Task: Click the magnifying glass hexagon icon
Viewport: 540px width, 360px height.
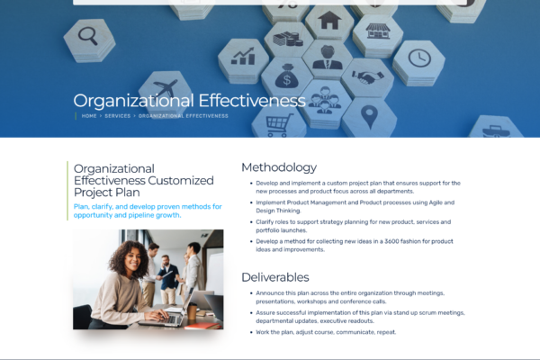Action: tap(88, 36)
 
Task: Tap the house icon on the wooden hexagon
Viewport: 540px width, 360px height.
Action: tap(329, 21)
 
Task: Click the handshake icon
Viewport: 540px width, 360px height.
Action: tap(368, 76)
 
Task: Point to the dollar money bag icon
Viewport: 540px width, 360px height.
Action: tap(287, 76)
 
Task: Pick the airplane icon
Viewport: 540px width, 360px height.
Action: tap(166, 88)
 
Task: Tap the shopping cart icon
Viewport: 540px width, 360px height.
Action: tap(280, 125)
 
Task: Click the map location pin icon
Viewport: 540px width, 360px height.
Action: tap(370, 117)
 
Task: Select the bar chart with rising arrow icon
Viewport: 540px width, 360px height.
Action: tap(243, 56)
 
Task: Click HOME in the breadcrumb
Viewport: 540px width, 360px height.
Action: tap(89, 116)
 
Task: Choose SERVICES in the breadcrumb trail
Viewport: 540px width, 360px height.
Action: tap(118, 116)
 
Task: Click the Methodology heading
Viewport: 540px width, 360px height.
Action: tap(279, 167)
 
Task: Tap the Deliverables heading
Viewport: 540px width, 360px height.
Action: tap(275, 277)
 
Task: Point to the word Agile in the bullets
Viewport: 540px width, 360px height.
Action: tap(436, 202)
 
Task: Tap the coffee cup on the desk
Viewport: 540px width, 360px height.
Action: tap(192, 310)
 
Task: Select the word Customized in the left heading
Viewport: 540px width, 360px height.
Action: tap(181, 181)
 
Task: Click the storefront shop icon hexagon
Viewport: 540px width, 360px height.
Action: tap(378, 31)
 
